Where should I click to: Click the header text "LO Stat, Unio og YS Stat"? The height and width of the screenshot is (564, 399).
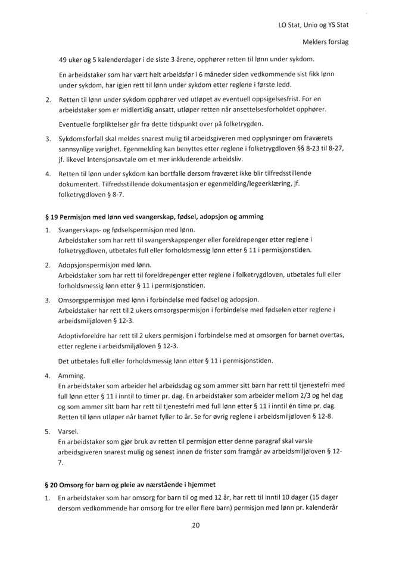pyautogui.click(x=313, y=26)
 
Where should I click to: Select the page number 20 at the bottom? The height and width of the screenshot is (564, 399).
pyautogui.click(x=199, y=541)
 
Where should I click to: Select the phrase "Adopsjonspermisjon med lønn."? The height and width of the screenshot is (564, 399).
pyautogui.click(x=105, y=263)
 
